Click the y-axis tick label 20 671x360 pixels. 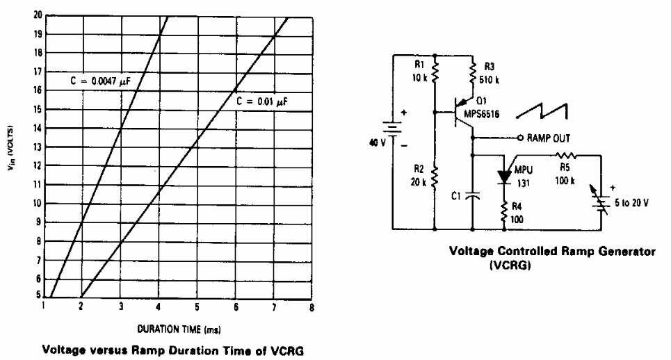click(38, 15)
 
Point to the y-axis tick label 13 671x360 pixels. click(38, 147)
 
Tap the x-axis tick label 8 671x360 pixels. click(312, 307)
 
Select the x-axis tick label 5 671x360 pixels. click(197, 307)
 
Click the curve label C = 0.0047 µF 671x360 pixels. click(100, 81)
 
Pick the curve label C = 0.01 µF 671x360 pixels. click(262, 101)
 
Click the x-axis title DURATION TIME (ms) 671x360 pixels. click(179, 329)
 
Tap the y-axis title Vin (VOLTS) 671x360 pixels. click(10, 148)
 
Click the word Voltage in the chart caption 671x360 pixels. click(64, 350)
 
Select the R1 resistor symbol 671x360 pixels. click(435, 71)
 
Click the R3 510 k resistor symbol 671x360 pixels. click(473, 73)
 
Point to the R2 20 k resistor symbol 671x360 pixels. click(435, 177)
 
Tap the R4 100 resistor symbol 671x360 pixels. click(505, 212)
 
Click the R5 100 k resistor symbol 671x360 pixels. click(566, 156)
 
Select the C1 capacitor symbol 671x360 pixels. click(472, 195)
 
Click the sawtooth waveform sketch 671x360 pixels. click(542, 111)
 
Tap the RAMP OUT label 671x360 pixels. click(548, 138)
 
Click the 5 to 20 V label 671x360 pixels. click(631, 203)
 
